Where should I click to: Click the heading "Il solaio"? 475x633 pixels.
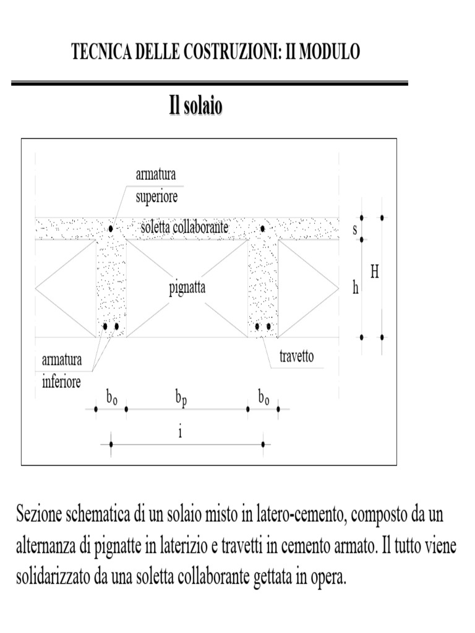(x=196, y=106)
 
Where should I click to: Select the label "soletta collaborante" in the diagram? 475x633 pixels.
(x=185, y=227)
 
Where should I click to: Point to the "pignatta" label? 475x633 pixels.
(x=187, y=288)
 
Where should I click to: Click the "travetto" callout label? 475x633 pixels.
(x=296, y=357)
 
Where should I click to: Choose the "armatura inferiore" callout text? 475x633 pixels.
(x=61, y=372)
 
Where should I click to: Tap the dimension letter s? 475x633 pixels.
(x=355, y=229)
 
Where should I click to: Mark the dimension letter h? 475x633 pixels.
(x=356, y=288)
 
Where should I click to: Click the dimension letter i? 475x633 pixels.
(x=180, y=432)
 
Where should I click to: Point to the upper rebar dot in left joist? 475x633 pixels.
(x=111, y=229)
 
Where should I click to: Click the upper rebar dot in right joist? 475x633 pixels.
(x=262, y=229)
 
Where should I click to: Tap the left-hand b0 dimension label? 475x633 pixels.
(x=111, y=399)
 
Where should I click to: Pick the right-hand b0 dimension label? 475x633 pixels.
(x=263, y=399)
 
